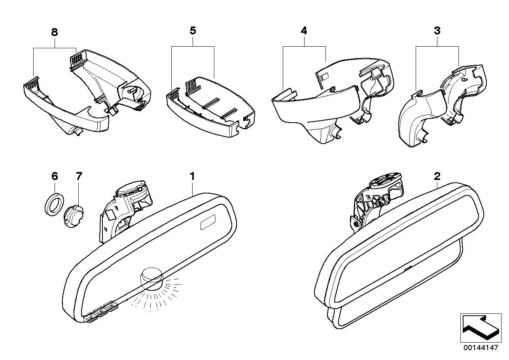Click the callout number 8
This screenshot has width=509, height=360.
click(x=55, y=32)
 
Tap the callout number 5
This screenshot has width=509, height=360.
click(x=193, y=31)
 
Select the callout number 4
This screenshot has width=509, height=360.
click(x=304, y=31)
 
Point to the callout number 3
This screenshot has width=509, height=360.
click(x=437, y=31)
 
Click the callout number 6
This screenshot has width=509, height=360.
click(x=55, y=176)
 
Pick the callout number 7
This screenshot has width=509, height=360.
click(x=79, y=176)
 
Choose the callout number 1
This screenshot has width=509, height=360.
click(x=192, y=176)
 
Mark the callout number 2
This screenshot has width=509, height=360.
click(x=437, y=176)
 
